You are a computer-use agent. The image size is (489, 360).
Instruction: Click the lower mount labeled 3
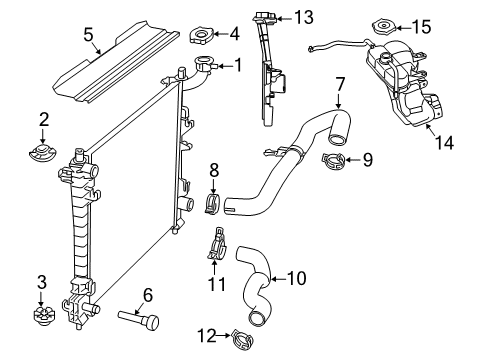click(x=41, y=319)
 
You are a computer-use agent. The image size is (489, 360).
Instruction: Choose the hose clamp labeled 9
click(x=335, y=158)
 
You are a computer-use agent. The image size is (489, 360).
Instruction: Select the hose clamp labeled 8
click(x=212, y=202)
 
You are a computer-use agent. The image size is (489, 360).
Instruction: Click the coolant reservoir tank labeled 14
click(x=400, y=80)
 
